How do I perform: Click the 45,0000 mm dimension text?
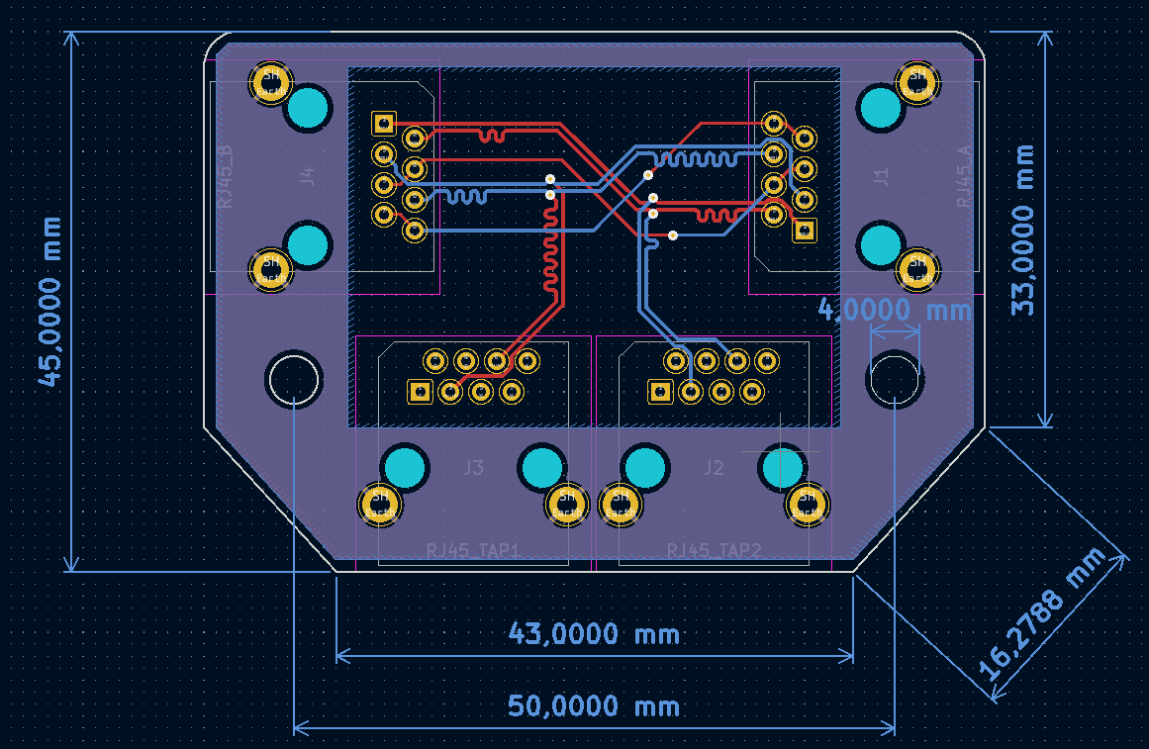point(49,301)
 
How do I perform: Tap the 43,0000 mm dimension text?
point(594,633)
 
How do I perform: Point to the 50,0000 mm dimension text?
point(594,706)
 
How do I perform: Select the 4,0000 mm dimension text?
point(895,310)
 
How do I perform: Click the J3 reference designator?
point(474,467)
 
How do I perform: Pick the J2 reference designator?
point(715,467)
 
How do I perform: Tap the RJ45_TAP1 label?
point(473,550)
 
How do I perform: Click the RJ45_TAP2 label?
point(714,550)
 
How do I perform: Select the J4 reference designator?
point(307,176)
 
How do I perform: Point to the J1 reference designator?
point(881,176)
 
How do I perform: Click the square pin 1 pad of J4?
point(383,123)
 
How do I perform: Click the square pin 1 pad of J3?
point(420,392)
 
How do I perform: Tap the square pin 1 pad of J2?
point(658,392)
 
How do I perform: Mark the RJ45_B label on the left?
point(226,176)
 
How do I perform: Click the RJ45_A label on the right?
point(964,176)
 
